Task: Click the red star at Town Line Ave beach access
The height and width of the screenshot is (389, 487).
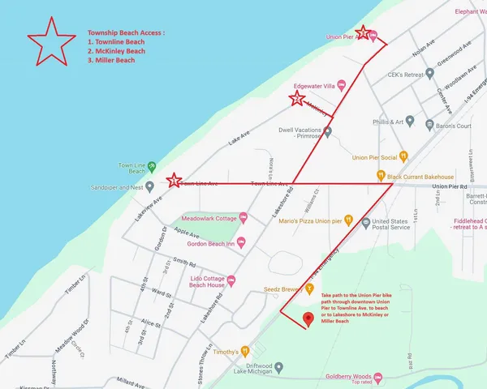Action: click(x=172, y=182)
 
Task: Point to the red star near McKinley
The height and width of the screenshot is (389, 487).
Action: click(x=297, y=99)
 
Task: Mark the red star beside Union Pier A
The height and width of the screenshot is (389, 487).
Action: click(x=364, y=32)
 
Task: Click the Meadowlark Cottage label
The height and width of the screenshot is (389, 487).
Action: click(x=208, y=219)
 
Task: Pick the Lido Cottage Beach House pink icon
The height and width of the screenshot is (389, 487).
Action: click(x=231, y=280)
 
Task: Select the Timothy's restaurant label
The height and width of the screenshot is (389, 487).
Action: click(x=226, y=352)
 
